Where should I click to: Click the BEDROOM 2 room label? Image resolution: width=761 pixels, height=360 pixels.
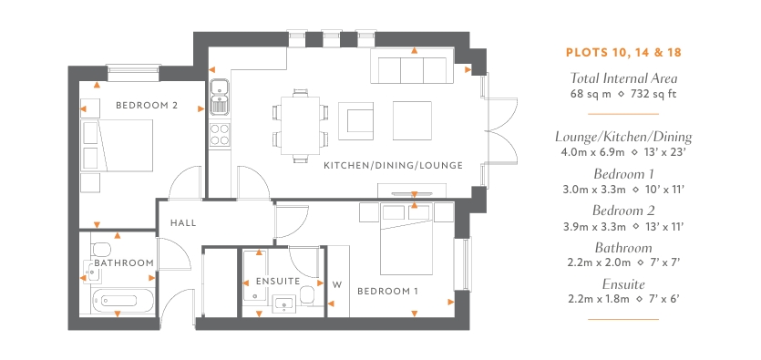[147, 106]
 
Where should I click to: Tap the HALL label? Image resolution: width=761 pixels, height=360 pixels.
[183, 223]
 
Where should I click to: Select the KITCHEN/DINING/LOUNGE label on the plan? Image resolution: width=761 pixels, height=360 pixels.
[393, 166]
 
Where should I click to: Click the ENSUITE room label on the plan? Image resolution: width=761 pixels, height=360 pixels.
[278, 282]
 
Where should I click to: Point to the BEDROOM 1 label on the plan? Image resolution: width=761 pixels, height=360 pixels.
[387, 291]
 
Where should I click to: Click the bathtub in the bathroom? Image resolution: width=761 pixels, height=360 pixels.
[124, 301]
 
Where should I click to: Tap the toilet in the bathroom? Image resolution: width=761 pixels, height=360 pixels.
[101, 250]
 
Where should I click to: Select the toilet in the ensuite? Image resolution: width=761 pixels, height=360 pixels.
[307, 295]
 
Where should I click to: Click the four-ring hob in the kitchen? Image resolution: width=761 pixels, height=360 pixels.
[220, 134]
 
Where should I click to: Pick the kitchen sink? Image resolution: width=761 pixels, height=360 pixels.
[220, 97]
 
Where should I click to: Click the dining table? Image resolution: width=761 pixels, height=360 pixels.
[301, 126]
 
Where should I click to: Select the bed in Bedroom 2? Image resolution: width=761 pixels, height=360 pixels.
[118, 146]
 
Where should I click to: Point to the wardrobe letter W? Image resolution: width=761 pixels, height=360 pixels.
[337, 285]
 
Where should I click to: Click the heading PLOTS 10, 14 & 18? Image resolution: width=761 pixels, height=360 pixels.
[623, 52]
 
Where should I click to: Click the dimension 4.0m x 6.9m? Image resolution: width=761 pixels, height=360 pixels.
[592, 152]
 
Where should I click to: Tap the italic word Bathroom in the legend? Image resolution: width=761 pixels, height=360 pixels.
[623, 248]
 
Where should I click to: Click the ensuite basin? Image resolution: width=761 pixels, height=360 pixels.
[282, 303]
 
